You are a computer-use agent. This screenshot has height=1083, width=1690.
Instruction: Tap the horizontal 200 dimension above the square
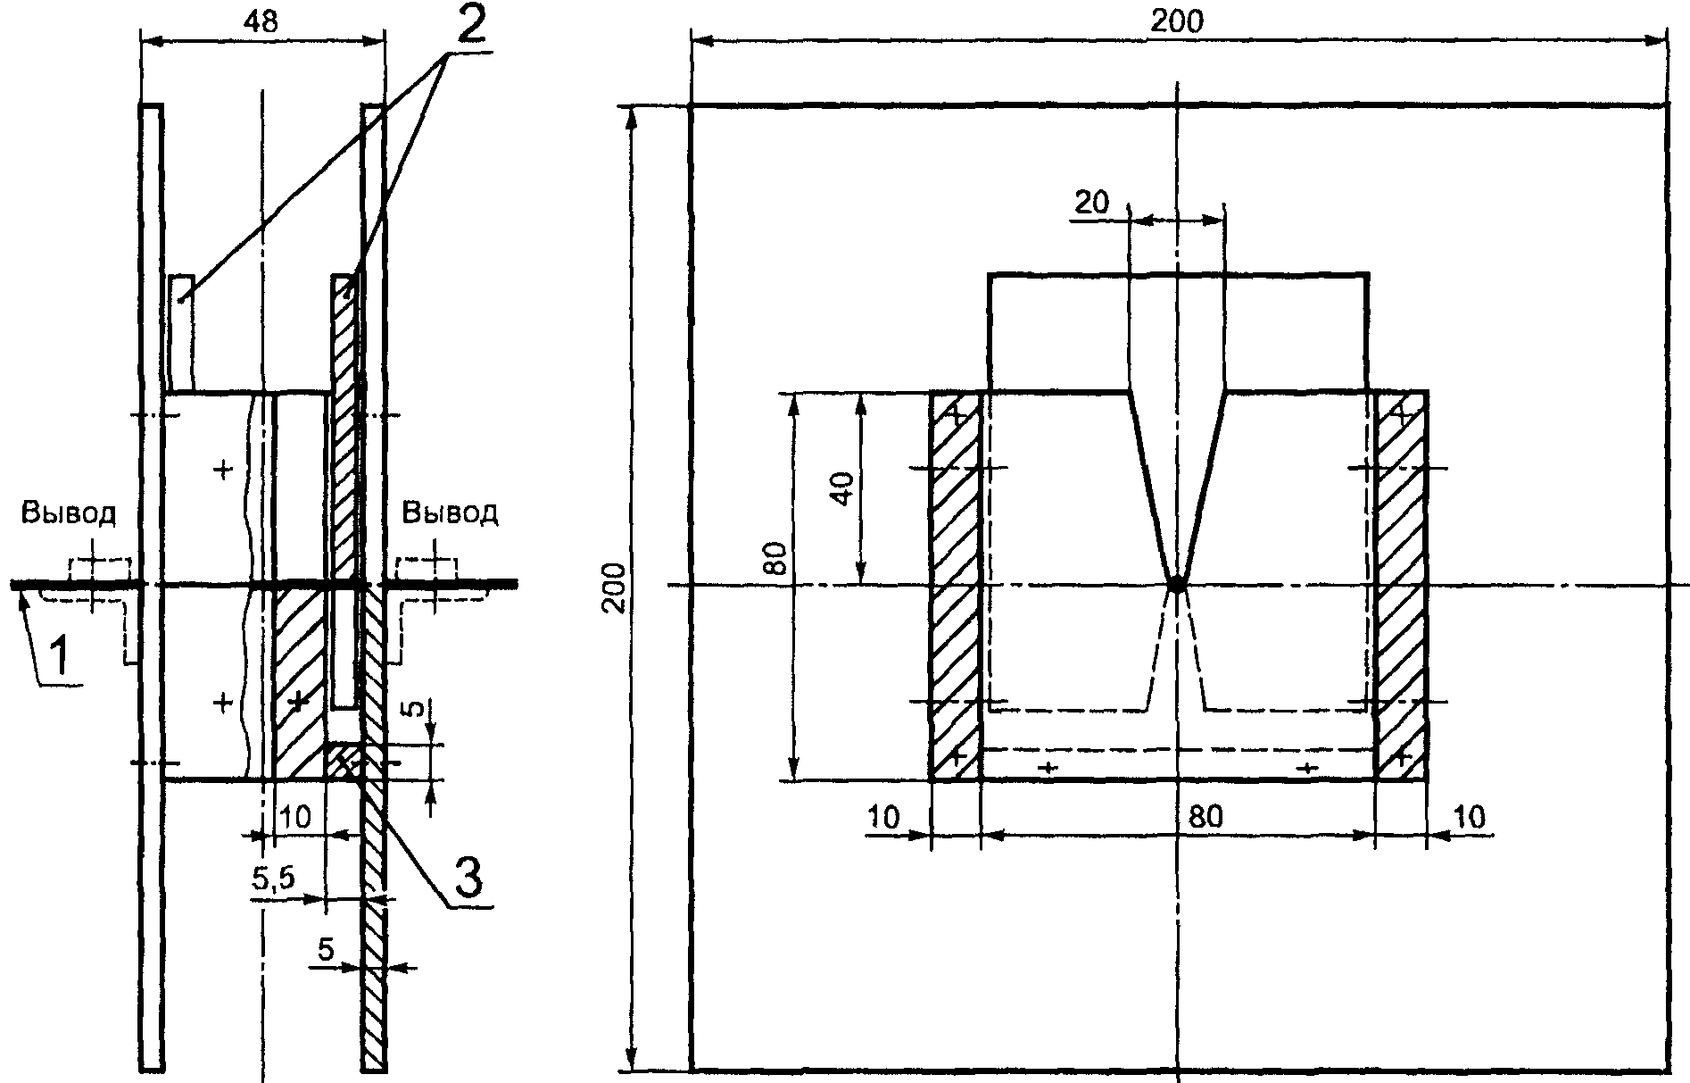1176,22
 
